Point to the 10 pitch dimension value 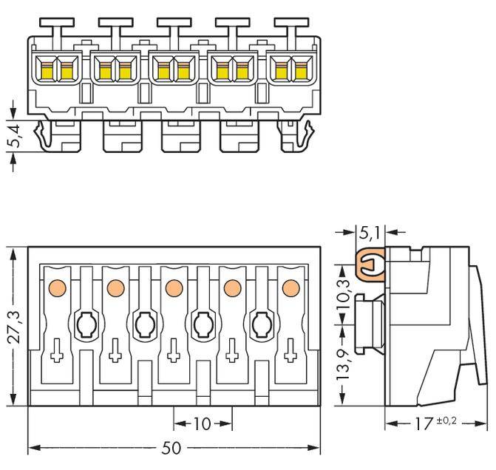pos(202,424)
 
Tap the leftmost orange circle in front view pos(56,287)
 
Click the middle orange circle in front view pos(174,287)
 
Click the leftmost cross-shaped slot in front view pos(56,353)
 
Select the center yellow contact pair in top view pos(174,71)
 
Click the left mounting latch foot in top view pos(47,135)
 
